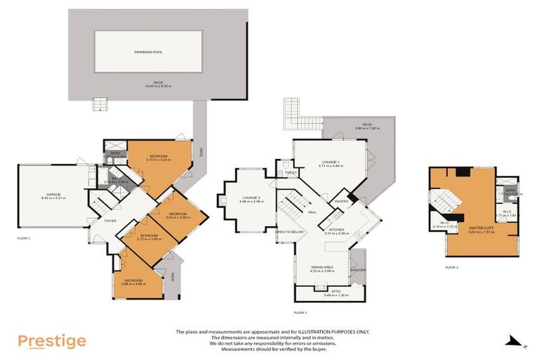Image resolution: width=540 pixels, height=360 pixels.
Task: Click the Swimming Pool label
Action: tap(148, 52)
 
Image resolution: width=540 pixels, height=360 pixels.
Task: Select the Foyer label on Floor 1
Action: tap(110, 221)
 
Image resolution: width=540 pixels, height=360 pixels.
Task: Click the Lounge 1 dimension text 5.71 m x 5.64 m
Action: tap(329, 166)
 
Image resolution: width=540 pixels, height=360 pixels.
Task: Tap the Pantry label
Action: tap(342, 201)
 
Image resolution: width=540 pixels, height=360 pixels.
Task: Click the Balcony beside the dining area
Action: tap(358, 269)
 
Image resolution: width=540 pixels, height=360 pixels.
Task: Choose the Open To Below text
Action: tap(289, 231)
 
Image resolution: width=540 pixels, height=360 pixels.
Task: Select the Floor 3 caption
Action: tap(451, 267)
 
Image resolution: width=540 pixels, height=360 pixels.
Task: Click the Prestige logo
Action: tap(52, 342)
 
